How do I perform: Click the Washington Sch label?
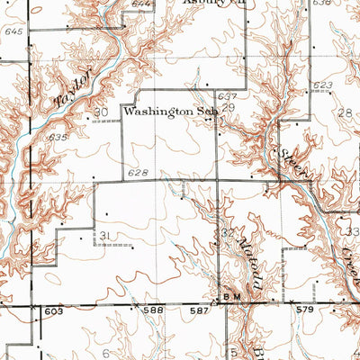click(x=171, y=113)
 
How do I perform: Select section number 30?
click(x=100, y=112)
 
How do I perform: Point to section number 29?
click(x=228, y=107)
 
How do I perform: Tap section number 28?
click(x=346, y=112)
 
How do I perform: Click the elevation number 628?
click(x=138, y=172)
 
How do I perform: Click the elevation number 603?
click(x=54, y=310)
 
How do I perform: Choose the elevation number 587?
click(x=203, y=310)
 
